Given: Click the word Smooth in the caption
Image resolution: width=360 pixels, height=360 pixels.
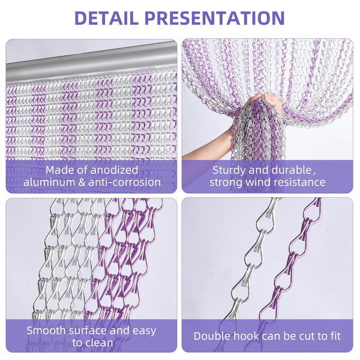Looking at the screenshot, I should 50,331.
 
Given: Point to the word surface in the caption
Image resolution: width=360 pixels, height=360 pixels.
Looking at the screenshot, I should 94,331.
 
